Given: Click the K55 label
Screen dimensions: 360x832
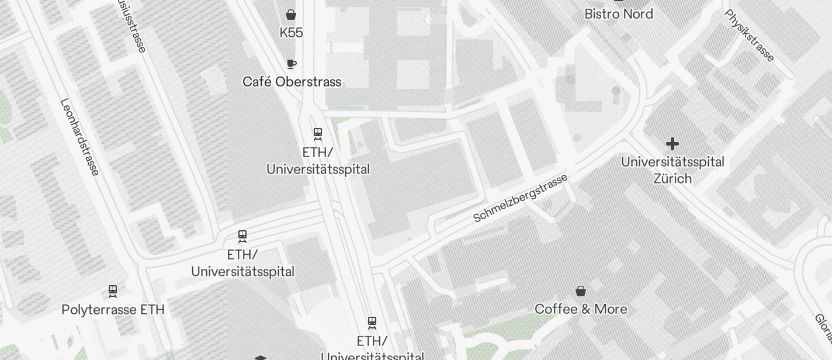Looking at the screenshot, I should click(x=291, y=33).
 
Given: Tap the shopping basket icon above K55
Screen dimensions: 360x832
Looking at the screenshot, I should click(x=291, y=15).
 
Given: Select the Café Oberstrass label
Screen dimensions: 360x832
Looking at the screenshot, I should click(x=292, y=82).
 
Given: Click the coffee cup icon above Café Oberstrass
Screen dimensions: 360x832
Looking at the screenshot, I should click(x=292, y=64).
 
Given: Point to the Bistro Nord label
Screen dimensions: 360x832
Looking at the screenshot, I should click(x=619, y=13).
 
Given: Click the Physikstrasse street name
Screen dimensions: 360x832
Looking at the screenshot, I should click(x=750, y=35).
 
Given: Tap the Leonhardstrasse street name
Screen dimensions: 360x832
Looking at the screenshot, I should click(x=80, y=137).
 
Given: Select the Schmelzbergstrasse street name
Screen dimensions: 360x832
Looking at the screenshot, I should click(x=520, y=198).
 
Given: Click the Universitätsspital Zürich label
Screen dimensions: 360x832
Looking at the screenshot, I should click(x=672, y=170).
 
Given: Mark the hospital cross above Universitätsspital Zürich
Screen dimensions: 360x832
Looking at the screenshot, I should click(x=672, y=143).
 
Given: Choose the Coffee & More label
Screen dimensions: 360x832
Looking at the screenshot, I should click(x=581, y=309).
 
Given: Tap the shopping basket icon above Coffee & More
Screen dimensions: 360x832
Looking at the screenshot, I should click(x=581, y=291).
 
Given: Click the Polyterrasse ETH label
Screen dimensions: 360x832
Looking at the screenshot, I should click(x=113, y=310).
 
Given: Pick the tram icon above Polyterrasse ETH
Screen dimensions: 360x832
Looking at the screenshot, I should click(x=113, y=290).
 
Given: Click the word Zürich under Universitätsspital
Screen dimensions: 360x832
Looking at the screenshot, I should click(x=672, y=178).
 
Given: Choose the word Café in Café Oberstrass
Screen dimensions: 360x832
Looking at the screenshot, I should click(x=257, y=82).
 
